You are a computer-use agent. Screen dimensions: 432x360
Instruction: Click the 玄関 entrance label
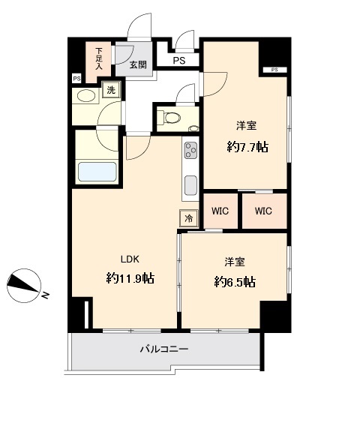(x=138, y=65)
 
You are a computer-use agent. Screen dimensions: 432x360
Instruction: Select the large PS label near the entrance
(x=178, y=61)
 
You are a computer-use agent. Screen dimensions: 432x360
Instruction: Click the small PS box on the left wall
(x=76, y=78)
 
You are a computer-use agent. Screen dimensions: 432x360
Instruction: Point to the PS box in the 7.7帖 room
(x=274, y=70)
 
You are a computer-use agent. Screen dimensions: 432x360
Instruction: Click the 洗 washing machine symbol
(x=111, y=90)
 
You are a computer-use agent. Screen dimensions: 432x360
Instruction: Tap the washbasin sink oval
(x=86, y=96)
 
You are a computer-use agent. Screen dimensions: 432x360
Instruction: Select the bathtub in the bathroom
(x=97, y=172)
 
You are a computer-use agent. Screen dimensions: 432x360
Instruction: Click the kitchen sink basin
(x=190, y=184)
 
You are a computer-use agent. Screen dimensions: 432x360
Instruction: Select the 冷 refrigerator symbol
(x=188, y=218)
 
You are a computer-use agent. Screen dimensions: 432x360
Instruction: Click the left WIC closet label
(x=220, y=211)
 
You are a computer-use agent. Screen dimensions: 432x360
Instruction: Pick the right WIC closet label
(x=262, y=211)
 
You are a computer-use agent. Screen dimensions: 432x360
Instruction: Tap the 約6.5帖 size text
(x=234, y=282)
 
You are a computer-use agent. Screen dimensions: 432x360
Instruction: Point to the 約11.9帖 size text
(x=130, y=278)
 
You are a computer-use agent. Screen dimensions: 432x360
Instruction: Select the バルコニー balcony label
(x=163, y=349)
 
